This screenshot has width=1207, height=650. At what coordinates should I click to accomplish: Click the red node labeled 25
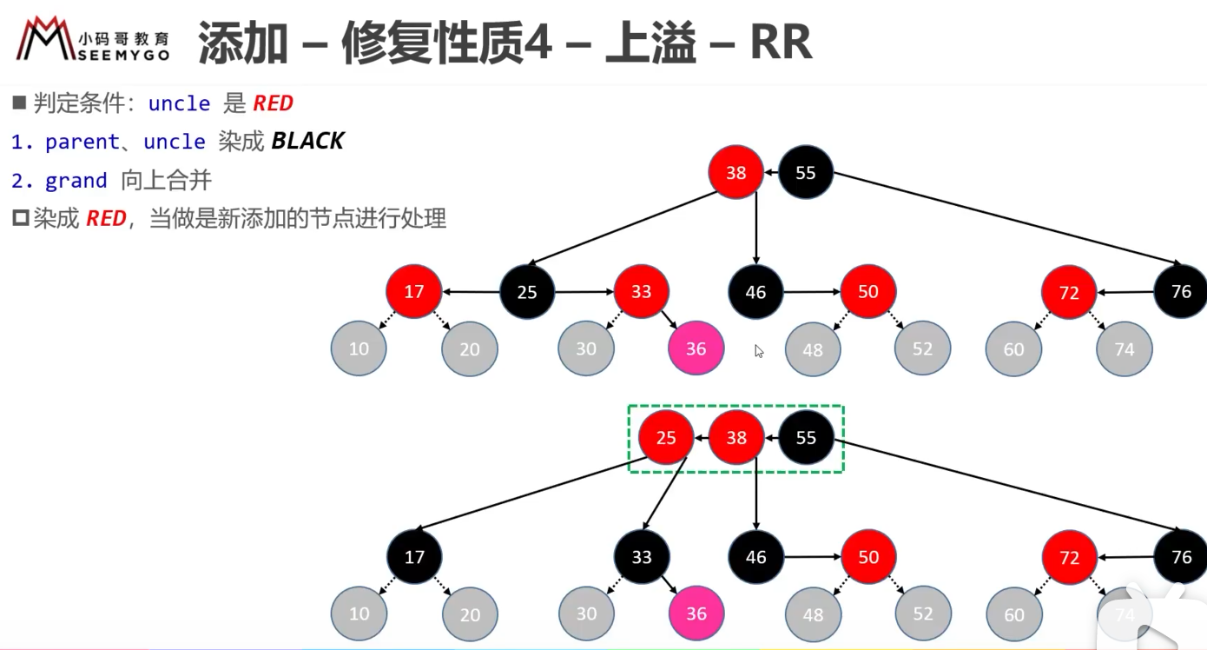[666, 437]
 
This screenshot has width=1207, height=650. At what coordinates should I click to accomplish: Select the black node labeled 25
[527, 292]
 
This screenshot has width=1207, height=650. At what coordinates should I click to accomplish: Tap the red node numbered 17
[414, 291]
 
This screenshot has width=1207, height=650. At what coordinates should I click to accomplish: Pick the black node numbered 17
[414, 557]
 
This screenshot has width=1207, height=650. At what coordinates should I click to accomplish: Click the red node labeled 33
[641, 291]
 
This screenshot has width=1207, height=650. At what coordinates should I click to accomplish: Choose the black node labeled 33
[642, 557]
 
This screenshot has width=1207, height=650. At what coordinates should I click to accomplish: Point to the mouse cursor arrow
[759, 351]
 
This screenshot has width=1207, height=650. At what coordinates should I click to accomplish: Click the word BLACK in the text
[307, 142]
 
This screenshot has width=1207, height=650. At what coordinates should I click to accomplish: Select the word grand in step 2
[76, 181]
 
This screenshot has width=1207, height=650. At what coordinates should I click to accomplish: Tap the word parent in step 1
[82, 142]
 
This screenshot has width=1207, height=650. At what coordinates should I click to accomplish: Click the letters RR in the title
[781, 42]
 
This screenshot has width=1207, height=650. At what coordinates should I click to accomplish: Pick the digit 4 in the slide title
[538, 42]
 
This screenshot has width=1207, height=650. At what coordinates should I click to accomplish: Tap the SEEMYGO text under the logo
[124, 55]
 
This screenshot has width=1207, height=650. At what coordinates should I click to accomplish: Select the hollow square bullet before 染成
[21, 218]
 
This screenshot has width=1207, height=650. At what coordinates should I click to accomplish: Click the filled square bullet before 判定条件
[19, 103]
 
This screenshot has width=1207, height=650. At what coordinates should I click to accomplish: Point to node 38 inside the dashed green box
[736, 437]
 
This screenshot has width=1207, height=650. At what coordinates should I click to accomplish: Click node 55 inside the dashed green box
[806, 437]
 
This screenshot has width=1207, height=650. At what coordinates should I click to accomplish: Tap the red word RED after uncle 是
[274, 103]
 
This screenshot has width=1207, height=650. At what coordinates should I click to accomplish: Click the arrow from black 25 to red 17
[471, 292]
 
